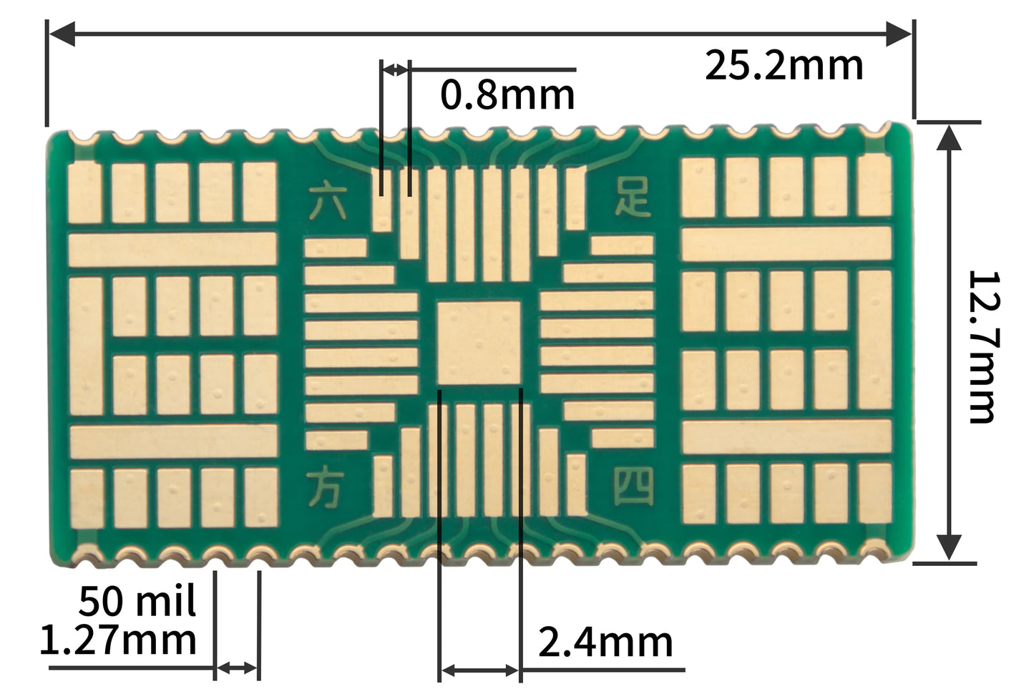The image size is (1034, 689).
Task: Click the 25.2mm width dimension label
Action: pyautogui.click(x=784, y=66)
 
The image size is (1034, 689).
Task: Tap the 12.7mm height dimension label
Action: pyautogui.click(x=984, y=347)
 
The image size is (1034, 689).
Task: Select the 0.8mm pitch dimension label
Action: pyautogui.click(x=507, y=94)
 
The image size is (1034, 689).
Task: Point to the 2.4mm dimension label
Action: pyautogui.click(x=605, y=642)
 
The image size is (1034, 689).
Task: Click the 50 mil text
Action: pyautogui.click(x=137, y=601)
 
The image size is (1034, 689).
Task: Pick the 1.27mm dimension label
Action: pyautogui.click(x=118, y=640)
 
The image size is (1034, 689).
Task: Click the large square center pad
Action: pyautogui.click(x=479, y=343)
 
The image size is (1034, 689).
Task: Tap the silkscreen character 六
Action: pyautogui.click(x=328, y=202)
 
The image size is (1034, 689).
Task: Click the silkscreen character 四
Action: pyautogui.click(x=633, y=486)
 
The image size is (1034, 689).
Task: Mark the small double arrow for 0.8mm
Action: pyautogui.click(x=396, y=71)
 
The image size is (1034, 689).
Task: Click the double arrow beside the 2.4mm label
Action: pyautogui.click(x=479, y=670)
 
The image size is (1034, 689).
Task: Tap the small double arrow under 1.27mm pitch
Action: pyautogui.click(x=237, y=668)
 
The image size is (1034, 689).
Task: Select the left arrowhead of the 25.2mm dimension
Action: pyautogui.click(x=62, y=34)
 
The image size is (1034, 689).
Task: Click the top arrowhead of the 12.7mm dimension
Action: pyautogui.click(x=949, y=137)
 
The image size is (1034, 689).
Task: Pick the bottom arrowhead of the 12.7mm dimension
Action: pyautogui.click(x=949, y=548)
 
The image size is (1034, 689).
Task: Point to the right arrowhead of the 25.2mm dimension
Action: pyautogui.click(x=898, y=34)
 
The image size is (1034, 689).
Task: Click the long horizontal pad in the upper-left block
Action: pyautogui.click(x=172, y=249)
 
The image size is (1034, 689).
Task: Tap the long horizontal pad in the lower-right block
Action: pyautogui.click(x=786, y=436)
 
